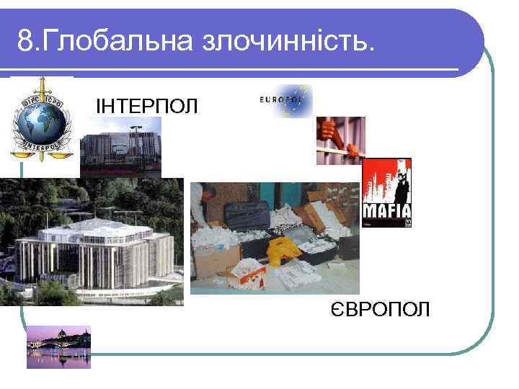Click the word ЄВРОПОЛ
point(379,310)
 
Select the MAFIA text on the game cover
point(386,211)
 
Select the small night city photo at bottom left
point(58,347)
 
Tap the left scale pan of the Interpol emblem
point(17,149)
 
